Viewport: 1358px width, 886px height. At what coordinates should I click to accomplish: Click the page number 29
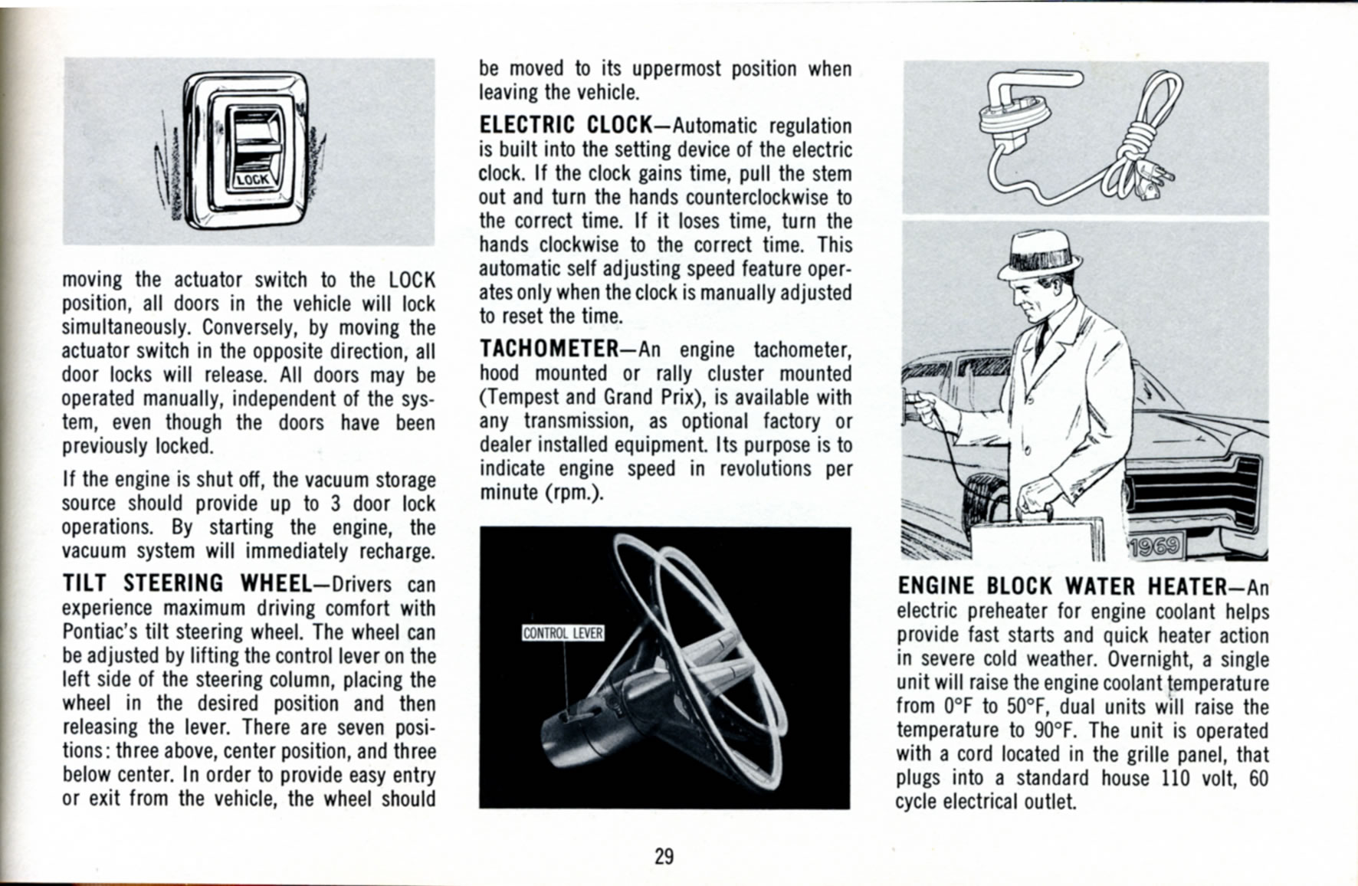tap(664, 856)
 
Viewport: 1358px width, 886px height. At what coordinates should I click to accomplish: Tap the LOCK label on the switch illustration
tap(251, 180)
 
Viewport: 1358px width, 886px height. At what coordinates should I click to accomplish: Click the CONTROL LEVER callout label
tap(563, 633)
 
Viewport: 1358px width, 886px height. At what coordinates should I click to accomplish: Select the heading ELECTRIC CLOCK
tap(564, 125)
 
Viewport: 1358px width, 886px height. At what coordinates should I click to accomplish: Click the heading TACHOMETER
tap(548, 349)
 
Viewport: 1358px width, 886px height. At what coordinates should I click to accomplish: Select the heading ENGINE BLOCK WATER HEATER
tap(1061, 586)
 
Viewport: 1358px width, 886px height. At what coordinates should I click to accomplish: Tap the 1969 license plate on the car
tap(1156, 547)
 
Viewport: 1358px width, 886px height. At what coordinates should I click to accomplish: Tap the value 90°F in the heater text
tap(1055, 730)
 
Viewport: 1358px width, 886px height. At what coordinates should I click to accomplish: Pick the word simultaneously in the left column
tap(125, 327)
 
